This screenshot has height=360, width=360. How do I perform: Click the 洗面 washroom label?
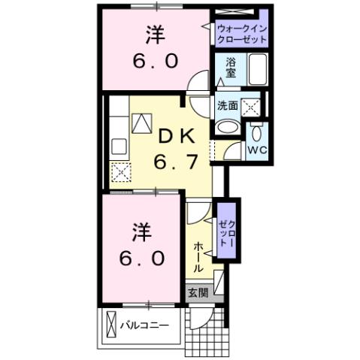228,106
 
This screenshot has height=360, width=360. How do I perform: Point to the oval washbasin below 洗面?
225,126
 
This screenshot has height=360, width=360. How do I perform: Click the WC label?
257,150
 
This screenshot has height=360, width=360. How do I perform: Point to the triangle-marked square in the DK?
141,123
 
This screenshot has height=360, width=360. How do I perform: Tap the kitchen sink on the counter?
119,146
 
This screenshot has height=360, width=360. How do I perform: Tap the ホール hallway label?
198,257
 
